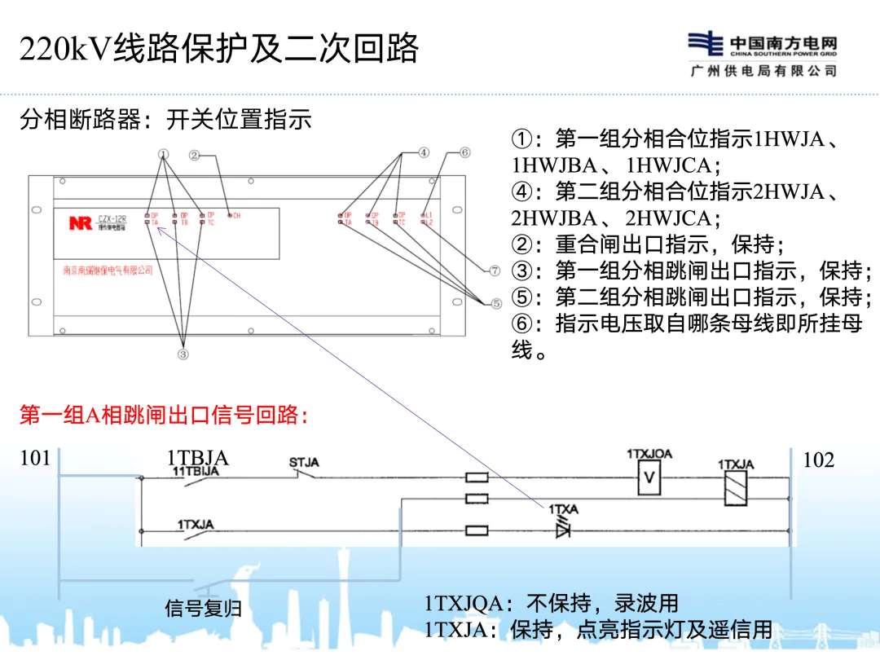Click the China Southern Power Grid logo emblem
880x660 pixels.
[x=705, y=44]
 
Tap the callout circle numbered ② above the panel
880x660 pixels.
[x=195, y=154]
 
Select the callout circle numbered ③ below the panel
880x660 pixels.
[x=183, y=353]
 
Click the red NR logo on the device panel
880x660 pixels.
[x=80, y=222]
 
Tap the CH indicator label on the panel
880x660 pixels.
[x=236, y=216]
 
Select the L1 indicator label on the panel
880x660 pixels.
[x=429, y=215]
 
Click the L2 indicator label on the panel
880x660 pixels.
[x=429, y=222]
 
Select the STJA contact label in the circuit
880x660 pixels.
[x=304, y=463]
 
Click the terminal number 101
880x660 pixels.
[x=35, y=459]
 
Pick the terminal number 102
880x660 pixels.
[x=819, y=460]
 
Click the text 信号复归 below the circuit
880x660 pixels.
[x=204, y=608]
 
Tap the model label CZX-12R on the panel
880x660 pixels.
[x=111, y=218]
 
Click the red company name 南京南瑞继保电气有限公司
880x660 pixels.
[x=108, y=271]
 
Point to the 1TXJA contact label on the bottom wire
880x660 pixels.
[x=196, y=525]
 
